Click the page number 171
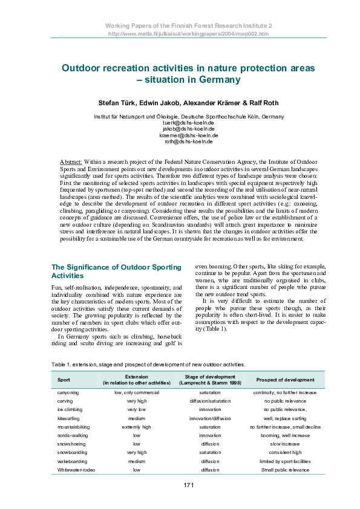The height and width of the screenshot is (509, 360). (x=188, y=485)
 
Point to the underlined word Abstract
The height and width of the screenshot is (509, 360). (x=71, y=163)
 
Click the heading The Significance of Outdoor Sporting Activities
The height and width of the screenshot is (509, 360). (x=116, y=271)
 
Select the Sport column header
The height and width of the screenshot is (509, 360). (x=64, y=380)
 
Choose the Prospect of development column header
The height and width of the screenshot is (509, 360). (x=285, y=380)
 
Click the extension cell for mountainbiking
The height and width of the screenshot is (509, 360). (x=136, y=427)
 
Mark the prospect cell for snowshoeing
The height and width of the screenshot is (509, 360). (x=285, y=444)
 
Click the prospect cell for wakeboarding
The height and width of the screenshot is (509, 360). (x=285, y=461)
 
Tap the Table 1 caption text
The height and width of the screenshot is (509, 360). (x=148, y=365)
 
